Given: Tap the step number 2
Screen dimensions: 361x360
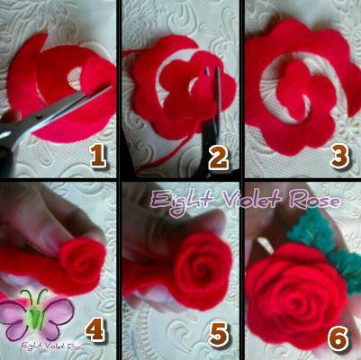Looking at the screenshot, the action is click(x=219, y=158).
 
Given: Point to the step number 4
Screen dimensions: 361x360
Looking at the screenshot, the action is click(x=95, y=330).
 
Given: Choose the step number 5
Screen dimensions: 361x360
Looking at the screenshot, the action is click(x=219, y=334).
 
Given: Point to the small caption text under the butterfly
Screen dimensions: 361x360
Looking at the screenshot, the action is click(x=51, y=346).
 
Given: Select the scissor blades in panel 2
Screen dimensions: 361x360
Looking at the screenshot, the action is click(x=212, y=99).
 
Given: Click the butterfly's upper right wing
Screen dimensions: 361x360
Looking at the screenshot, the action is click(x=59, y=310).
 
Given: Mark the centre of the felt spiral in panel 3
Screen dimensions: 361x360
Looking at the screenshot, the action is click(x=303, y=99).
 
